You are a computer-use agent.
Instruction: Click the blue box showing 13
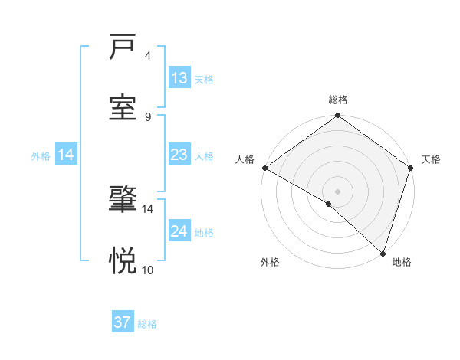click(x=179, y=78)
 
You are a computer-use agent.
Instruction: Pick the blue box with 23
click(x=179, y=155)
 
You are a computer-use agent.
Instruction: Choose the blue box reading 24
click(x=179, y=231)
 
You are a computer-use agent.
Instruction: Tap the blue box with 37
click(x=123, y=322)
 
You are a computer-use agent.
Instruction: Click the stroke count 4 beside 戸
click(x=148, y=56)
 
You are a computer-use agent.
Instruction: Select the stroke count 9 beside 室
click(x=148, y=116)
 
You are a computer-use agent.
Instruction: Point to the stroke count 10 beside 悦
click(x=148, y=270)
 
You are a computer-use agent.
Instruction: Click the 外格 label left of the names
click(x=41, y=155)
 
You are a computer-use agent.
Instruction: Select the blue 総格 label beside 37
click(x=147, y=324)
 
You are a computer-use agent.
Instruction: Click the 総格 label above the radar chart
click(x=338, y=100)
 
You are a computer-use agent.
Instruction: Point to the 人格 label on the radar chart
click(x=245, y=159)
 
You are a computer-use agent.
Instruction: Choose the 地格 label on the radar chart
click(x=402, y=262)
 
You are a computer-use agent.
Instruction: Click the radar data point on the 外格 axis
click(x=329, y=204)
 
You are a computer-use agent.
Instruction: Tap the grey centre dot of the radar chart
click(x=338, y=191)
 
